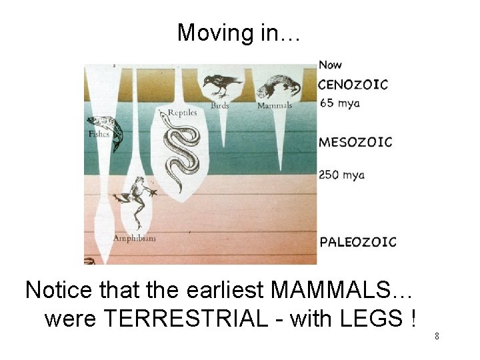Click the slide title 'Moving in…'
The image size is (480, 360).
coord(239,33)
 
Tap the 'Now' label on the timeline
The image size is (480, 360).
coord(330,65)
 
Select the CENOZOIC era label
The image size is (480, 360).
coord(353,85)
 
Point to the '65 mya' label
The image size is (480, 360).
coord(339,103)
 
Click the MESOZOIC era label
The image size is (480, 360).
coord(355,142)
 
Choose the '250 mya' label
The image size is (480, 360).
coord(342,175)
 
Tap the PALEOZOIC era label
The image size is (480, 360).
coord(358,242)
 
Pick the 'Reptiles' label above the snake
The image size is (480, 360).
coord(182,113)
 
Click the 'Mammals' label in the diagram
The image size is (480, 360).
coord(275,105)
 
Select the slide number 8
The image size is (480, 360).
coord(437,336)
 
